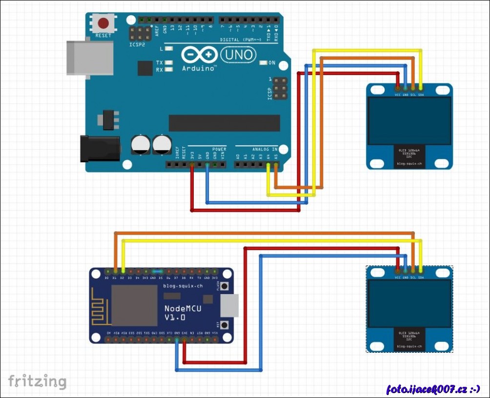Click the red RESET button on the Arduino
103,23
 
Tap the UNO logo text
238,54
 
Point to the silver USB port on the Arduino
90,58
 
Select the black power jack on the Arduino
100,148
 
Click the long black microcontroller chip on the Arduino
224,123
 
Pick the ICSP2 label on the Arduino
137,44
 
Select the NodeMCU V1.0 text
183,312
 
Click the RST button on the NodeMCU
225,324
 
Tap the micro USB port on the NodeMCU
229,305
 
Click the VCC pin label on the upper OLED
398,95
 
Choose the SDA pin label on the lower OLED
421,277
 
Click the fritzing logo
37,381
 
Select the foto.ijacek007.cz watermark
433,389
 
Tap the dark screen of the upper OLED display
409,120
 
